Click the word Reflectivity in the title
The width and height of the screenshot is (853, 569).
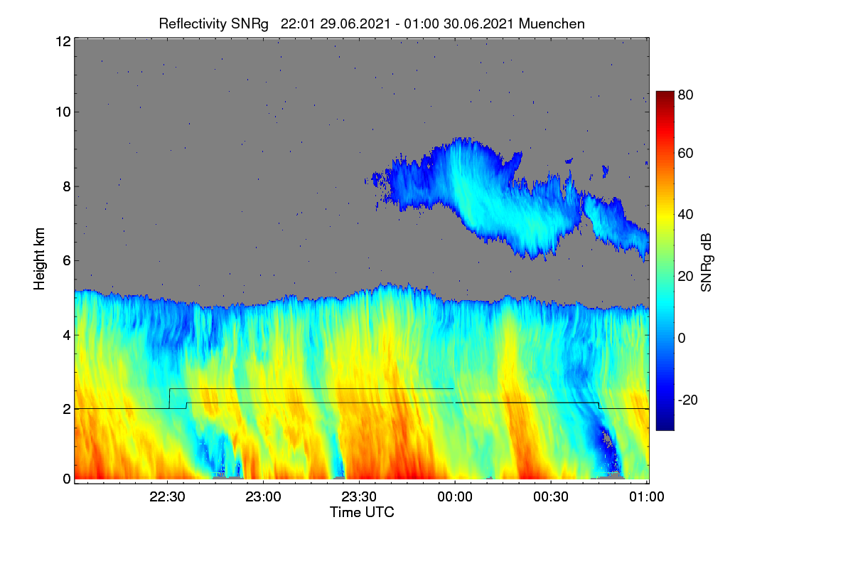(193, 24)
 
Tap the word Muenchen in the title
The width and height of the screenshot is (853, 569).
(552, 24)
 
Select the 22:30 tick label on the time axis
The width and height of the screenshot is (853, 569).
(167, 496)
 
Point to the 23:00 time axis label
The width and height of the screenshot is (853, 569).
(263, 496)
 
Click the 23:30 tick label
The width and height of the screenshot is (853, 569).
(359, 496)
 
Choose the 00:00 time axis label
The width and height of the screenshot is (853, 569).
(455, 496)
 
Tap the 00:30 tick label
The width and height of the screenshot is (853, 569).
(551, 496)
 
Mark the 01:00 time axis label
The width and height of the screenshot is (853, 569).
(647, 496)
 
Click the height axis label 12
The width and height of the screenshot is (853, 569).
(63, 41)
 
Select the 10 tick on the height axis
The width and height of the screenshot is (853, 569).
(63, 112)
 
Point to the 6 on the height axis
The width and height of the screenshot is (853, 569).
(67, 261)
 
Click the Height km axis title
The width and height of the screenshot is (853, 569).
(39, 259)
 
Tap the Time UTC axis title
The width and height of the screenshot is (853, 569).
(362, 512)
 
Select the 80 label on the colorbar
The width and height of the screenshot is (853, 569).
(685, 95)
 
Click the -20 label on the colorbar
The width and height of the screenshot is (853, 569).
(688, 400)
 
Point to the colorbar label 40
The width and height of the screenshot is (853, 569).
(685, 215)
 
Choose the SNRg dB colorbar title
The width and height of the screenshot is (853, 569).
(706, 263)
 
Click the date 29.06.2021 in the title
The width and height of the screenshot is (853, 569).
(355, 24)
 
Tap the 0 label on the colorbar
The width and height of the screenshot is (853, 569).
(682, 338)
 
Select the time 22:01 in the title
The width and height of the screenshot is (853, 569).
(298, 24)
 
